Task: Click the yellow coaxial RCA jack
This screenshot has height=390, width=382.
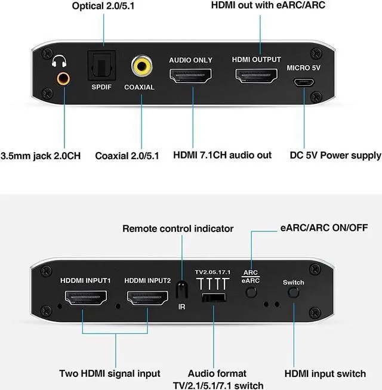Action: [x=141, y=65]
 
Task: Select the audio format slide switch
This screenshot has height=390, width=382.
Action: [x=214, y=298]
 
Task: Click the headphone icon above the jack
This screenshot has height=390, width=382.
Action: [x=59, y=61]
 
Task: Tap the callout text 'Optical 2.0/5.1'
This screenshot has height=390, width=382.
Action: [x=103, y=7]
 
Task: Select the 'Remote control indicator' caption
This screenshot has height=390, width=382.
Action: [x=178, y=228]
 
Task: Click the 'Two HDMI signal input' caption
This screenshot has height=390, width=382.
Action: [x=109, y=373]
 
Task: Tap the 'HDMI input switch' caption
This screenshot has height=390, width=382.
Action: [x=325, y=373]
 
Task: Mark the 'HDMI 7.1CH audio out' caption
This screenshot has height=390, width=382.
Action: [x=222, y=155]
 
